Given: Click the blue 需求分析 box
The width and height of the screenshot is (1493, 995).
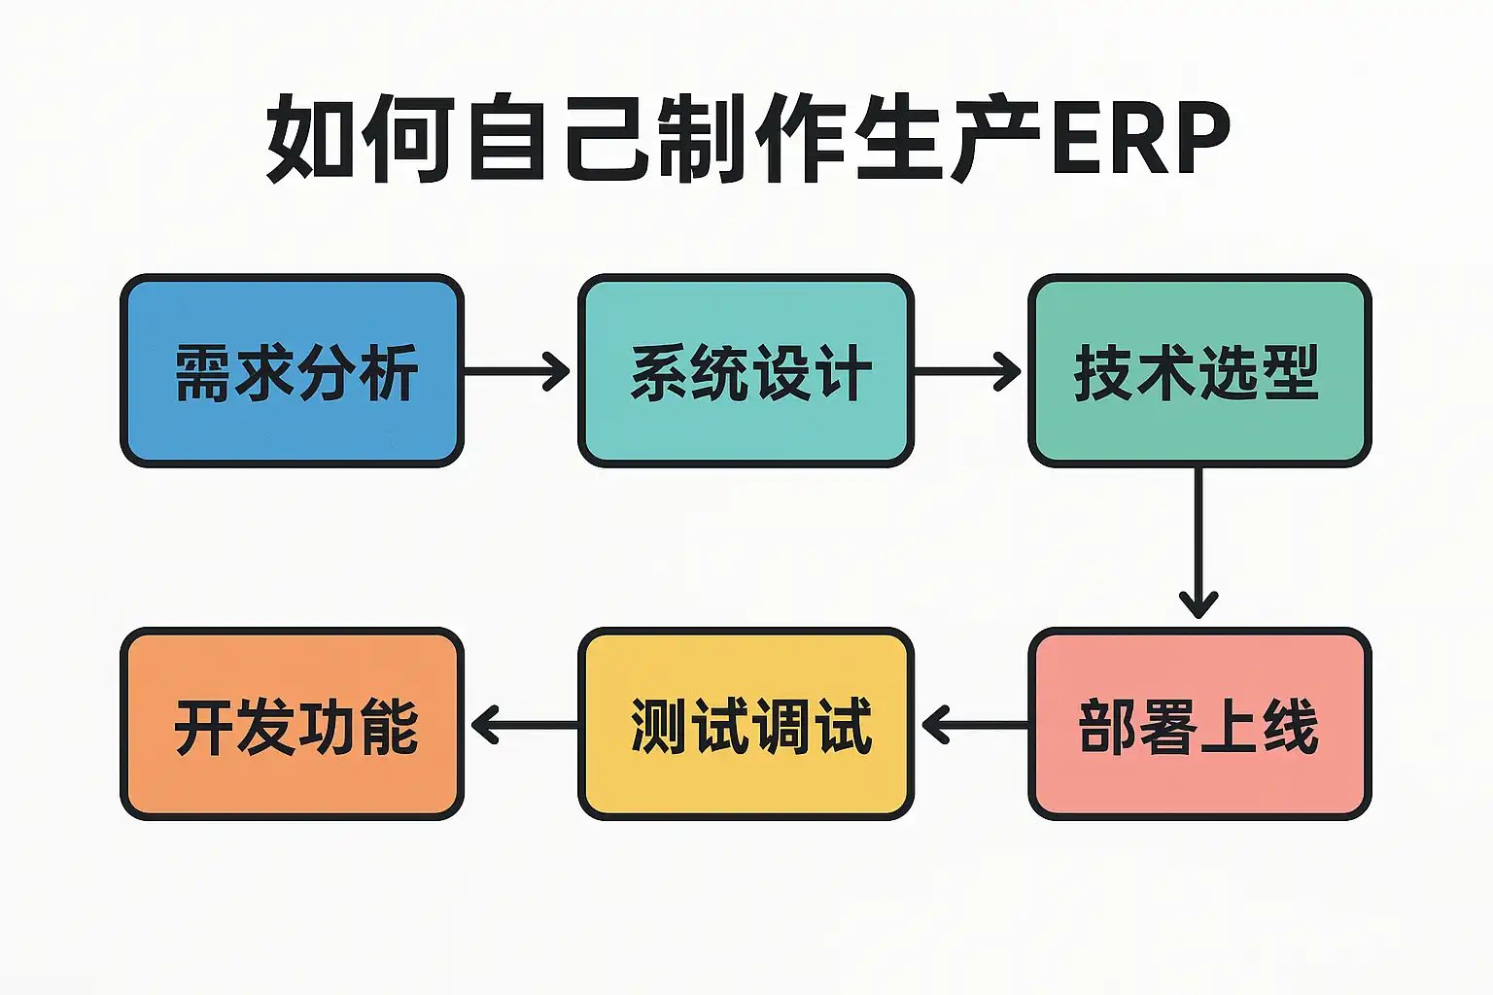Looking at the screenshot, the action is coord(292,370).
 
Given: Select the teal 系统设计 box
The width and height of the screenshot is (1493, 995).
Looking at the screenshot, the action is coord(746,370).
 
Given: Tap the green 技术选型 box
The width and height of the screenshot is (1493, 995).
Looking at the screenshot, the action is coord(1199,370).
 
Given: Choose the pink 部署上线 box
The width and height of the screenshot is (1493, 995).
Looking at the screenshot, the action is coord(1199,724).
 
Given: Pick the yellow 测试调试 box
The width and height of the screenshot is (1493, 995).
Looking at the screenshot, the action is coord(746,724).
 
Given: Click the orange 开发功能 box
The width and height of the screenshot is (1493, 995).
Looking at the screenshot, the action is coord(292,724).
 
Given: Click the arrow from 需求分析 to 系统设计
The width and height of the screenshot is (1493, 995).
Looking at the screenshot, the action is coord(516,371).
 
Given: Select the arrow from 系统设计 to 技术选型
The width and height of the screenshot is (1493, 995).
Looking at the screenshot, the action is coord(967,371).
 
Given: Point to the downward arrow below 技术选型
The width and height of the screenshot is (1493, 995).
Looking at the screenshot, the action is coord(1198,542).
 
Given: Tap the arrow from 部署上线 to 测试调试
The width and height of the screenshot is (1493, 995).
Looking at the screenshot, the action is coord(976,725).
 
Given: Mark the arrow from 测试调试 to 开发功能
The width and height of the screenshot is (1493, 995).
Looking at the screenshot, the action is coord(525,725).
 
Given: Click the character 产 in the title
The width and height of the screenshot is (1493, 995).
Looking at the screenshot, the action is coord(995,138).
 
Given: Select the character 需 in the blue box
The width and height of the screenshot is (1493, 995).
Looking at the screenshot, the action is coord(203,372).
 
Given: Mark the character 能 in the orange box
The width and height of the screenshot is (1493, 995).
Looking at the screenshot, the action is coord(390,727).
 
